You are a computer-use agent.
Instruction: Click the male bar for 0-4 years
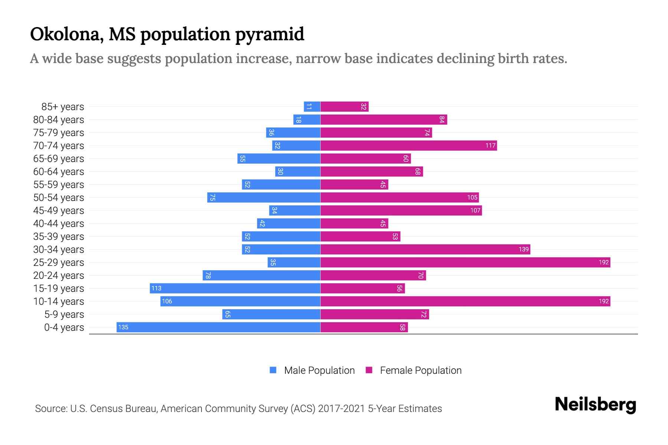coord(218,327)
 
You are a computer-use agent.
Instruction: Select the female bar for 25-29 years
coord(465,262)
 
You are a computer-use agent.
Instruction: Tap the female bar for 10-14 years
coord(465,301)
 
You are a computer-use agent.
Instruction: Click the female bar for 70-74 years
coord(408,145)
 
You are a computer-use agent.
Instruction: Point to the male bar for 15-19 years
coord(235,288)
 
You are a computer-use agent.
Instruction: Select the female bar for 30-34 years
coord(425,249)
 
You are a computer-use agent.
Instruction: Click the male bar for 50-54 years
coord(263,197)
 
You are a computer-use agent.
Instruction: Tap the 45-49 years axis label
coord(59,211)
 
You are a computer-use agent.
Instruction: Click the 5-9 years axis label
coord(64,314)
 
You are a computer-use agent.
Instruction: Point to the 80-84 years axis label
coord(59,120)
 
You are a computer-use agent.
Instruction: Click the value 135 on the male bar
coord(123,327)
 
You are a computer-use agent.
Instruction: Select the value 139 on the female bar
coord(523,249)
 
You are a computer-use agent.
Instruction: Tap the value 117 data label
coord(490,145)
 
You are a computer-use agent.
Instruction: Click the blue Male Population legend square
coord(273,370)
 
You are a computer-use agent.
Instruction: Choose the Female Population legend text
coord(420,370)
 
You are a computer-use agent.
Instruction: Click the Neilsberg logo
coord(595,405)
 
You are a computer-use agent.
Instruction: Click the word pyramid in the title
coord(269,34)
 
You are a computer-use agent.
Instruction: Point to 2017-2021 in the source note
coord(341,409)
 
